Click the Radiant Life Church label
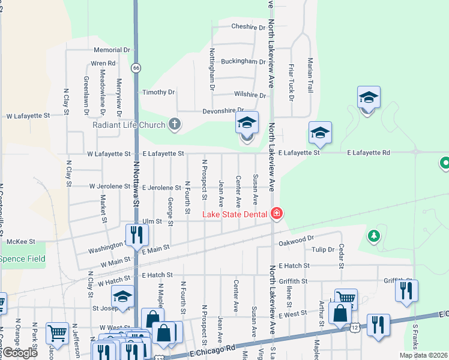point(129,125)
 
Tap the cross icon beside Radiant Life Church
point(174,125)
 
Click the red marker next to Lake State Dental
point(276,214)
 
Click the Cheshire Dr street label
point(249,26)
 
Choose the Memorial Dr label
point(112,50)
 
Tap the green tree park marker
point(375,235)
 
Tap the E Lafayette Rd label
point(369,153)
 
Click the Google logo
point(20,353)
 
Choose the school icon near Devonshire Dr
point(247,123)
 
